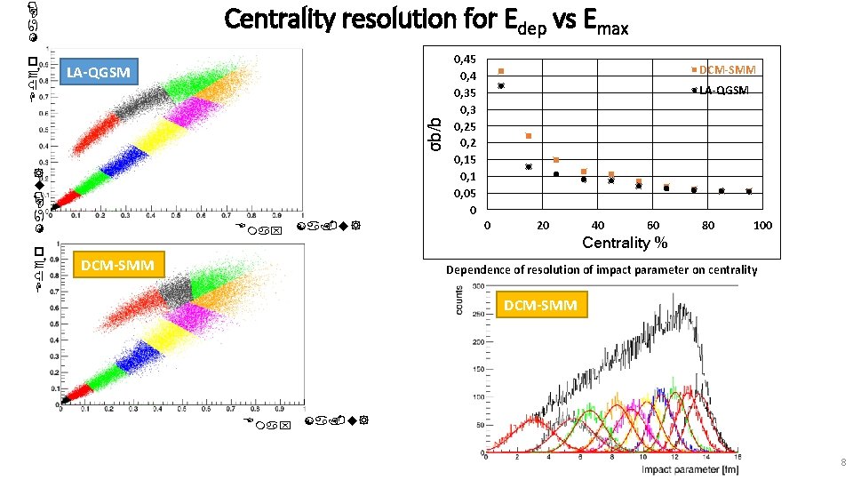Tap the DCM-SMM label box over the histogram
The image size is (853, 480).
541,306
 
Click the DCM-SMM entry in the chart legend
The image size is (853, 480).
726,69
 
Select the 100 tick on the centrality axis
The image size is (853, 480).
762,226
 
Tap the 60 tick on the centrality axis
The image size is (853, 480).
652,226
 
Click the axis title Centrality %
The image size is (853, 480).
625,243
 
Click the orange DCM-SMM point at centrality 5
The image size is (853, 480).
501,71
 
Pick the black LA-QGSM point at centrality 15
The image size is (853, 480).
529,166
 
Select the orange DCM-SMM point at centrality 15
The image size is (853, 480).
529,136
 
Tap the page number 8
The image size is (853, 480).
841,462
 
